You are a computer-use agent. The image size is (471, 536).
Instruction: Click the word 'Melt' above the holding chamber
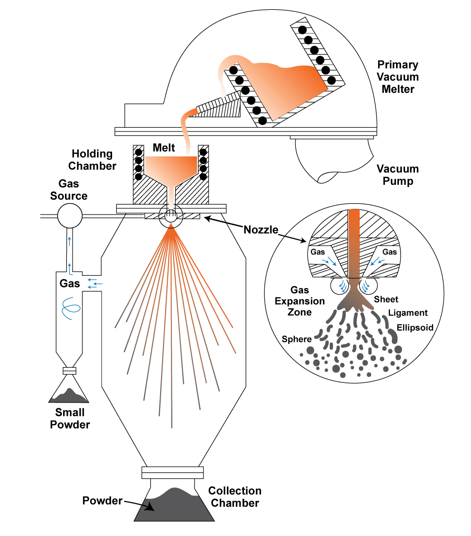(x=164, y=148)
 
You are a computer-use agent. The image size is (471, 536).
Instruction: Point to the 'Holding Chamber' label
(x=92, y=160)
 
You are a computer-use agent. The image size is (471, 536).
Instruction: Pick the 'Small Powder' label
(x=70, y=419)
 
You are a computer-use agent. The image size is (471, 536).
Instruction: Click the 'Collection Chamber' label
(x=235, y=497)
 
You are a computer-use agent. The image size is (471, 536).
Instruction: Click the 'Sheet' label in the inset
(x=386, y=299)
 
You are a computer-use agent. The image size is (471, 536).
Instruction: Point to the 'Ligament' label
(x=408, y=313)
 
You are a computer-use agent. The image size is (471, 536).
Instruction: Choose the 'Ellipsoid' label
(x=414, y=327)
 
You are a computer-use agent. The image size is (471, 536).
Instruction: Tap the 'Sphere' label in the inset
(x=296, y=339)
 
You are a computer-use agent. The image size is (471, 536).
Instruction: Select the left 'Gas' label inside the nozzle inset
(x=317, y=252)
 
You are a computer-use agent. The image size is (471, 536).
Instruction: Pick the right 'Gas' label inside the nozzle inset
(x=390, y=252)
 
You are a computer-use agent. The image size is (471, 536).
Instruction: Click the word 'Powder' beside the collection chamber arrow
(x=102, y=500)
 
